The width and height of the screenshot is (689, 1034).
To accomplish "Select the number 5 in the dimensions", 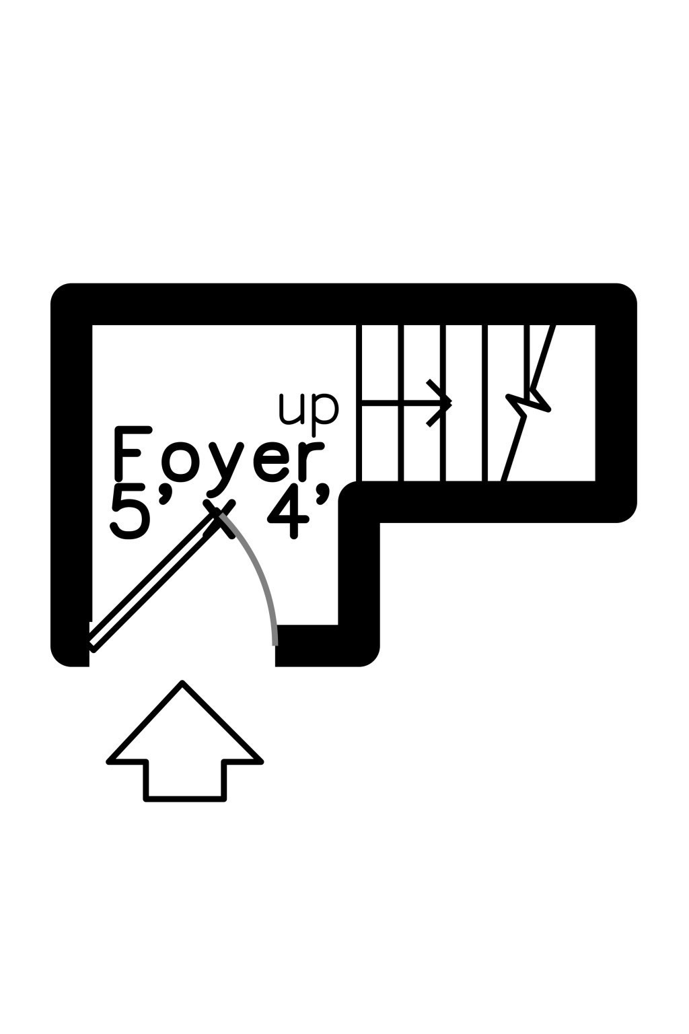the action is (128, 514).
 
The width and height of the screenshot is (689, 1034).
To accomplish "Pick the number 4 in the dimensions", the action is (289, 514).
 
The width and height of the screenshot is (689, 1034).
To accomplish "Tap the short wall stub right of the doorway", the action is (327, 646).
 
